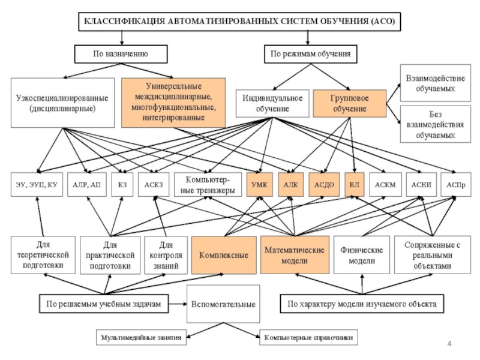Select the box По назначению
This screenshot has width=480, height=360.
[x=121, y=54]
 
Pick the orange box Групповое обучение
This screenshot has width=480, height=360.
[x=349, y=103]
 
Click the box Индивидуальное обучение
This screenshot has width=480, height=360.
[x=272, y=103]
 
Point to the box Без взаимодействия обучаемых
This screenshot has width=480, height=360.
[x=435, y=124]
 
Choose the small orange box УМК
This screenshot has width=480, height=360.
[x=259, y=185]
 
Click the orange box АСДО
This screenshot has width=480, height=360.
[x=324, y=185]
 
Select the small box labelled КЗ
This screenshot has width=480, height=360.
[x=122, y=185]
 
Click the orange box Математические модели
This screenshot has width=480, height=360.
[x=294, y=254]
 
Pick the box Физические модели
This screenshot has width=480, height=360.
[x=358, y=254]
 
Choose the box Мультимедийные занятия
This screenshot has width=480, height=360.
[x=141, y=338]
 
